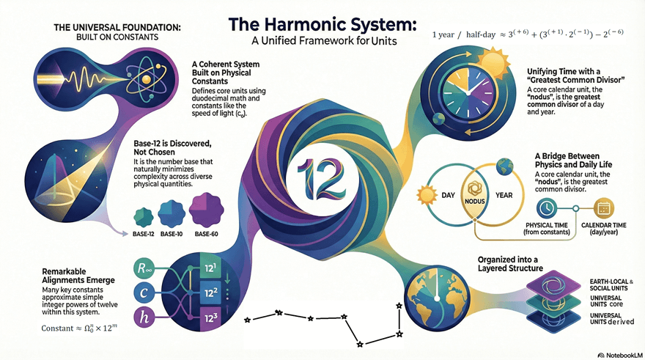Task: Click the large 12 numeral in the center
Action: pyautogui.click(x=321, y=179)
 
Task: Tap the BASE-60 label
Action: pyautogui.click(x=207, y=234)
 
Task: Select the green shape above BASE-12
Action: pyautogui.click(x=144, y=217)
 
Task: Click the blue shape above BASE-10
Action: pyautogui.click(x=172, y=214)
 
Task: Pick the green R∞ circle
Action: pyautogui.click(x=144, y=268)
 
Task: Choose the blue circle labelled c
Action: pyautogui.click(x=144, y=293)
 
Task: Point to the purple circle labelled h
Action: pyautogui.click(x=144, y=317)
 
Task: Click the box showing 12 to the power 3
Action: pyautogui.click(x=210, y=317)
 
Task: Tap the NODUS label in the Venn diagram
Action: pyautogui.click(x=475, y=202)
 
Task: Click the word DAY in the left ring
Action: pyautogui.click(x=448, y=195)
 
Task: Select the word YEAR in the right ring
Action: pyautogui.click(x=504, y=195)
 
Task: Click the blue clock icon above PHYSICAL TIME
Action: pyautogui.click(x=547, y=208)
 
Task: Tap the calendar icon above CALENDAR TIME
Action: pyautogui.click(x=603, y=208)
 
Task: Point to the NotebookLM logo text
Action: pyautogui.click(x=620, y=355)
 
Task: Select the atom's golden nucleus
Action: pyautogui.click(x=146, y=79)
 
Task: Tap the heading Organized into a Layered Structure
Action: pyautogui.click(x=510, y=264)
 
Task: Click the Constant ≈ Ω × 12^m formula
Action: pyautogui.click(x=79, y=328)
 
